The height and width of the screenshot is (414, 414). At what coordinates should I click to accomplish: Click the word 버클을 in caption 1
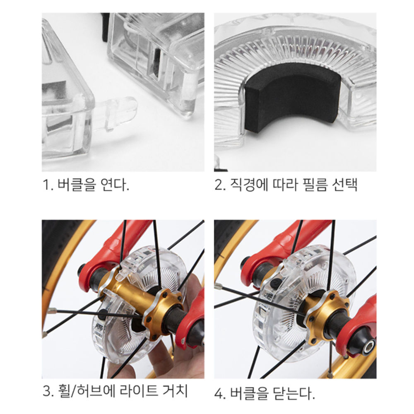(76, 185)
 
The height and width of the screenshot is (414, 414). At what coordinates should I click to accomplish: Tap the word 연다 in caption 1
(115, 185)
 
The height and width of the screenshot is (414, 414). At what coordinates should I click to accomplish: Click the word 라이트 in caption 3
(139, 391)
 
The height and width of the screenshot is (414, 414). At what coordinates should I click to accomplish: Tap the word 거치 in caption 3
(175, 391)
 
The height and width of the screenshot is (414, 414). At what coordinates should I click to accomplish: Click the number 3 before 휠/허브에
(47, 391)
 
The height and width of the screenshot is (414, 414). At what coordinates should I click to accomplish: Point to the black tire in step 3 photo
(55, 253)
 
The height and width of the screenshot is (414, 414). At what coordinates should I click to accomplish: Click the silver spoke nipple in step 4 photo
(219, 286)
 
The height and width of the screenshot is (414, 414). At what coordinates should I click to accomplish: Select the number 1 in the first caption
(46, 185)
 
